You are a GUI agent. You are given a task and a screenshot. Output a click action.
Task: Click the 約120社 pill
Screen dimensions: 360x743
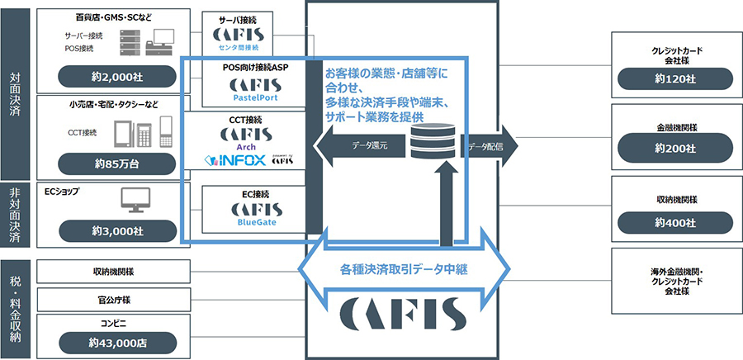(x=676, y=80)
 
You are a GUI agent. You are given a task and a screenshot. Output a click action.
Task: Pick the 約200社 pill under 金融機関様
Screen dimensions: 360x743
(x=676, y=149)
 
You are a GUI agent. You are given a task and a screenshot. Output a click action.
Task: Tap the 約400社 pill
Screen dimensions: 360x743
(x=676, y=220)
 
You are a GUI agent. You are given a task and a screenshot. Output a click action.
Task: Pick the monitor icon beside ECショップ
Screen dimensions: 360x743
(x=135, y=199)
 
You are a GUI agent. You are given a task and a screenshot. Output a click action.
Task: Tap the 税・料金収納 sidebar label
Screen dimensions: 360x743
(x=16, y=308)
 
